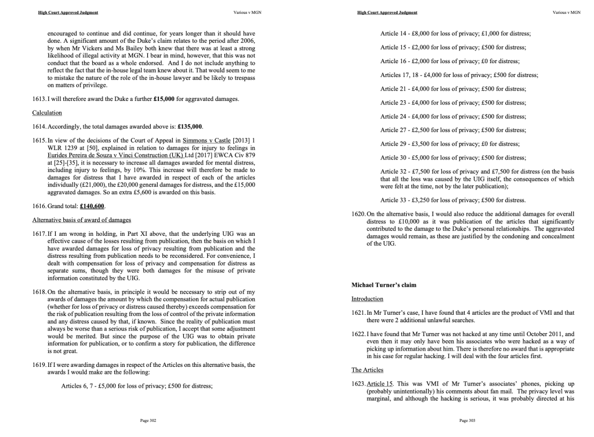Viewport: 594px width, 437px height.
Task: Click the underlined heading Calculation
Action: (x=47, y=112)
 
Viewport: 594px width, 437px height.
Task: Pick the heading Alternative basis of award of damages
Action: (x=81, y=220)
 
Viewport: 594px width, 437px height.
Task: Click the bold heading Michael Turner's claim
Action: (x=384, y=285)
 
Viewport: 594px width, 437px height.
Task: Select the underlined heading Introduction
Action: (x=367, y=298)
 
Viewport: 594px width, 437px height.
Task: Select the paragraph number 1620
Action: (x=358, y=214)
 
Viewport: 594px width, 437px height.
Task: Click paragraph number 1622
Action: (x=358, y=334)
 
